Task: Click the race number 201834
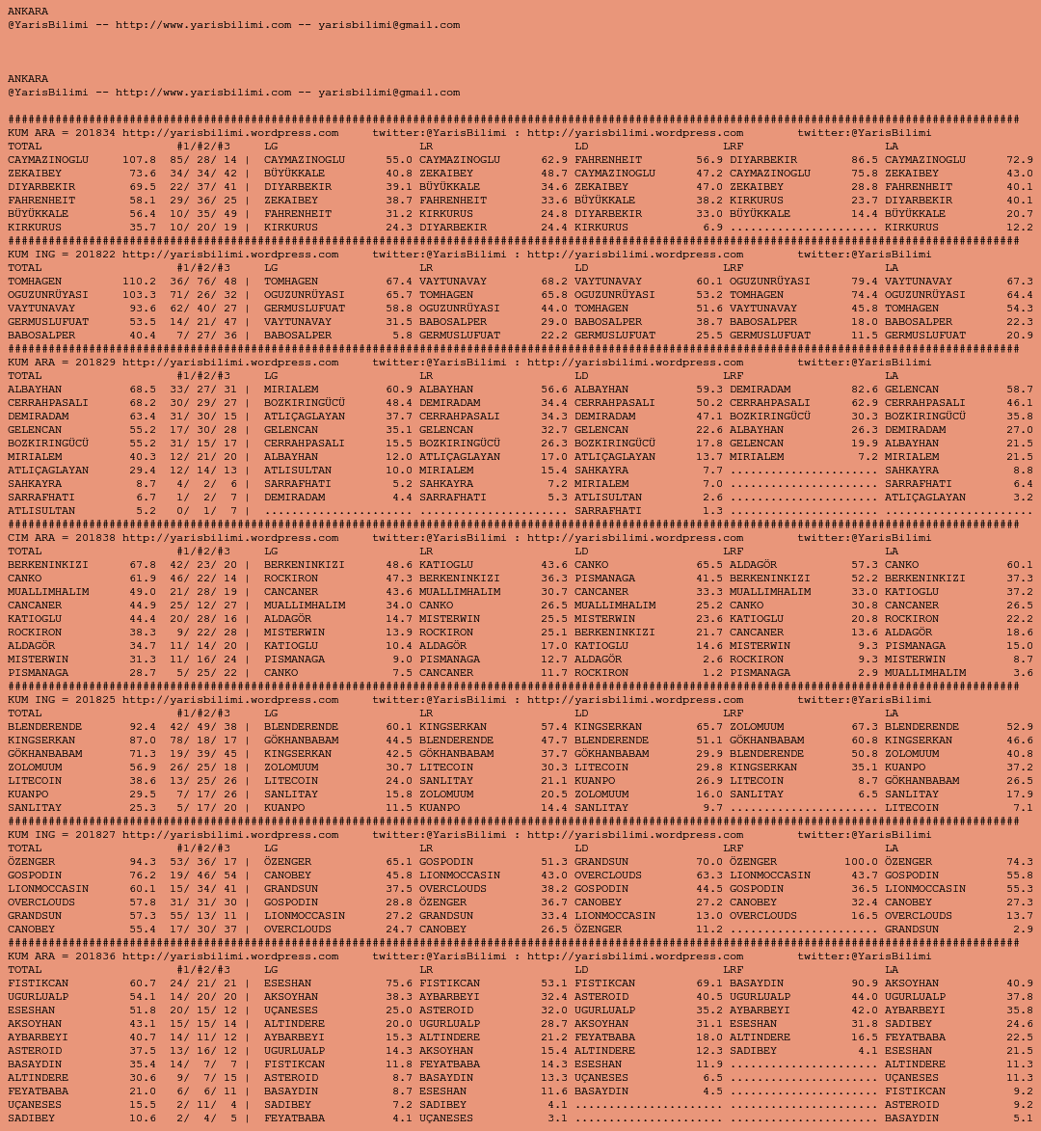(x=94, y=133)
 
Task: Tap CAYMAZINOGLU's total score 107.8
(x=139, y=160)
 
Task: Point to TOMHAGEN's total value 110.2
(x=139, y=282)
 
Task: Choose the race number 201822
(x=94, y=255)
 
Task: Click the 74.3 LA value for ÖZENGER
(x=1019, y=862)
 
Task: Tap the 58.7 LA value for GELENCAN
(x=1019, y=390)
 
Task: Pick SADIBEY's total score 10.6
(x=143, y=1118)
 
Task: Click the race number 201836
(x=94, y=956)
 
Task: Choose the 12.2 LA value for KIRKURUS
(x=1019, y=228)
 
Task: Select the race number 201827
(x=94, y=835)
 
